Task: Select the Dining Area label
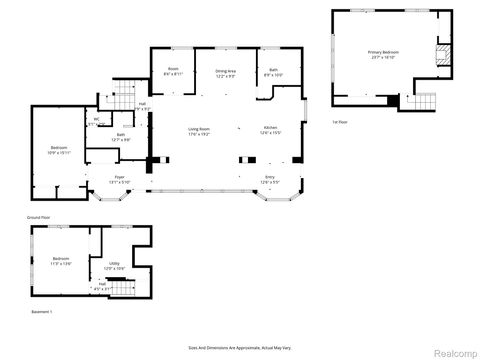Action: (x=225, y=74)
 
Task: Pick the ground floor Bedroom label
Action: (x=58, y=149)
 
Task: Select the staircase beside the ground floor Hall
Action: (x=120, y=95)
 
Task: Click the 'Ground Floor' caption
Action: (x=39, y=216)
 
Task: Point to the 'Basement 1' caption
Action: (x=40, y=313)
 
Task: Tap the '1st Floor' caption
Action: (x=340, y=122)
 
